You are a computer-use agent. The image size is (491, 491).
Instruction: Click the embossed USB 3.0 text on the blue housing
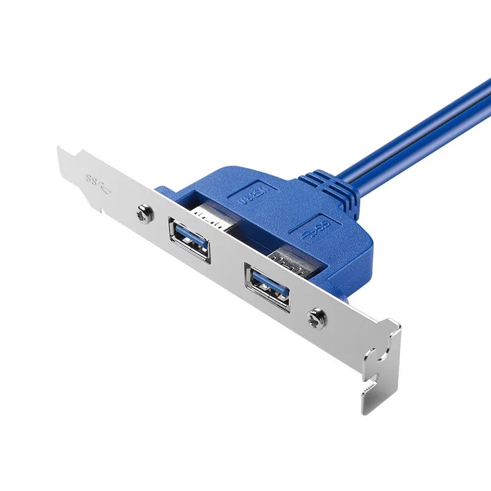click(250, 198)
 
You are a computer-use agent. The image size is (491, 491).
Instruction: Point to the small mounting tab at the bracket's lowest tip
click(371, 399)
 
